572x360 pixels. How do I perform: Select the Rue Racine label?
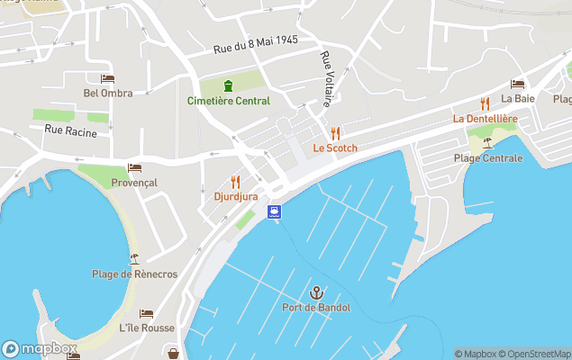click(70, 131)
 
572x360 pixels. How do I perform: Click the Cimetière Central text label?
click(228, 101)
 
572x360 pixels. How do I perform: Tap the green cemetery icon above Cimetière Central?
click(228, 85)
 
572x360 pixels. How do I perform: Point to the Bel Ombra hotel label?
click(107, 93)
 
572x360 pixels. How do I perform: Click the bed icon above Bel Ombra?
click(107, 78)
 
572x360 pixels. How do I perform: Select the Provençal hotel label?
click(134, 183)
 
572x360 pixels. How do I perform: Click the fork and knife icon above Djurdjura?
click(236, 181)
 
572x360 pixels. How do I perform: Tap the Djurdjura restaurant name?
click(236, 196)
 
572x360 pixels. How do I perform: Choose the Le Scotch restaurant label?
click(335, 148)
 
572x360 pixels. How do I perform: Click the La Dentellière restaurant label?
click(485, 118)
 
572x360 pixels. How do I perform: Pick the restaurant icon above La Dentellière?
click(485, 103)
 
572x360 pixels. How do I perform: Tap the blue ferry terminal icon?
click(274, 211)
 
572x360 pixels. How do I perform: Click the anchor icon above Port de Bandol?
click(316, 292)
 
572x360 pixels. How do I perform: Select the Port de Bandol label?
click(316, 308)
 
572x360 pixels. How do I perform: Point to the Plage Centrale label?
click(487, 158)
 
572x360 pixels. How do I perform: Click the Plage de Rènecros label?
click(134, 274)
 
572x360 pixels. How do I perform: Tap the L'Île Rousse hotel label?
click(146, 328)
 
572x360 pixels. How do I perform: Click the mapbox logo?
click(40, 348)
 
